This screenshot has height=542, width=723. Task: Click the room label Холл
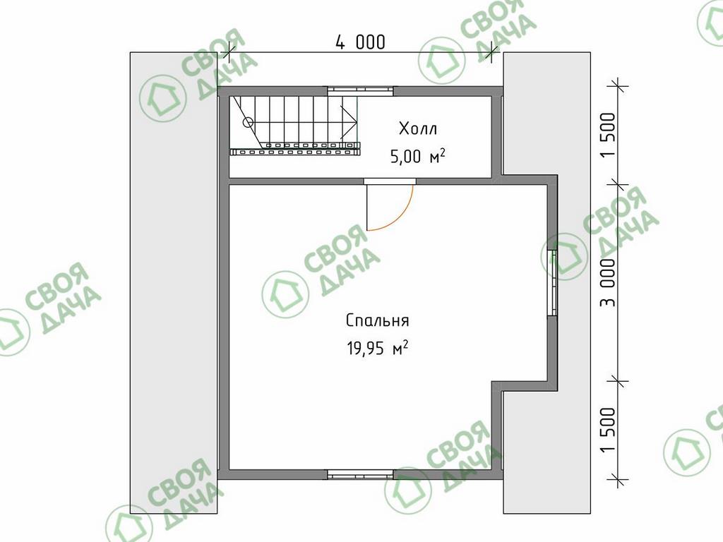[418, 128]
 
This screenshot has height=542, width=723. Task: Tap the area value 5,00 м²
[418, 156]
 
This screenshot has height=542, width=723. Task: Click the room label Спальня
[377, 320]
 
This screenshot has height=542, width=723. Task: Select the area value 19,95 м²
[377, 349]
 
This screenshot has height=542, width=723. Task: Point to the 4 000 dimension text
[359, 42]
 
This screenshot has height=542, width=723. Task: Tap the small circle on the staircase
[248, 122]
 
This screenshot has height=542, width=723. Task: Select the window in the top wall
[361, 91]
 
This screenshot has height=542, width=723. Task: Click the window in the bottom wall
[361, 474]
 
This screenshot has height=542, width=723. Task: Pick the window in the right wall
[552, 283]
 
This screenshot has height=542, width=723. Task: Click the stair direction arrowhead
[349, 122]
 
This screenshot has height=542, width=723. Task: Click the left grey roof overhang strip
[174, 283]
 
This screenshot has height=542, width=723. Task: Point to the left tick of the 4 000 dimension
[226, 52]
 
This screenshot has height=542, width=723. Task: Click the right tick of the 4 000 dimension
[491, 52]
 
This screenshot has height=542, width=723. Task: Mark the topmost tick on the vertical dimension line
[618, 86]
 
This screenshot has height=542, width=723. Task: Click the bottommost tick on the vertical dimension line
[618, 480]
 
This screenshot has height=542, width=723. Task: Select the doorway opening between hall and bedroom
[390, 181]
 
